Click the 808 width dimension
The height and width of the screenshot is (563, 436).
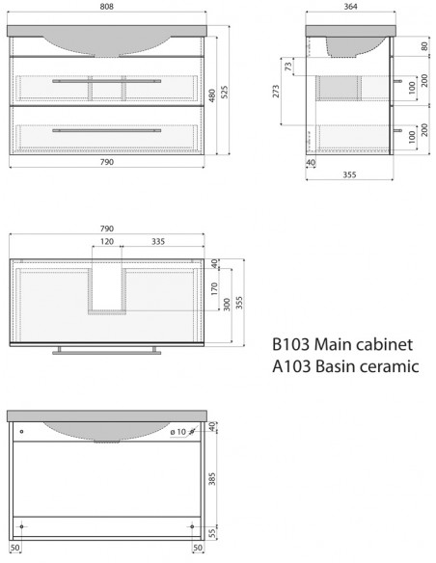pyautogui.click(x=107, y=7)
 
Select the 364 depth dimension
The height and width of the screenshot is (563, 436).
pyautogui.click(x=350, y=7)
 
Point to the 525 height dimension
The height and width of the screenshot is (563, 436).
pyautogui.click(x=224, y=92)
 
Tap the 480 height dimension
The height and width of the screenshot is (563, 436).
pyautogui.click(x=212, y=95)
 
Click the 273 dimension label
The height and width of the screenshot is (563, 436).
pyautogui.click(x=276, y=92)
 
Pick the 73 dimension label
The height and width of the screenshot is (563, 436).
pyautogui.click(x=288, y=67)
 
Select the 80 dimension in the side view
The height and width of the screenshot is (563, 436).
pyautogui.click(x=424, y=46)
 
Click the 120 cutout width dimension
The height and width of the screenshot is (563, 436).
pyautogui.click(x=107, y=241)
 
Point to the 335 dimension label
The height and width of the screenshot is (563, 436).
pyautogui.click(x=158, y=241)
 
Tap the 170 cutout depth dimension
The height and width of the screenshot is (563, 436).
pyautogui.click(x=214, y=288)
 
